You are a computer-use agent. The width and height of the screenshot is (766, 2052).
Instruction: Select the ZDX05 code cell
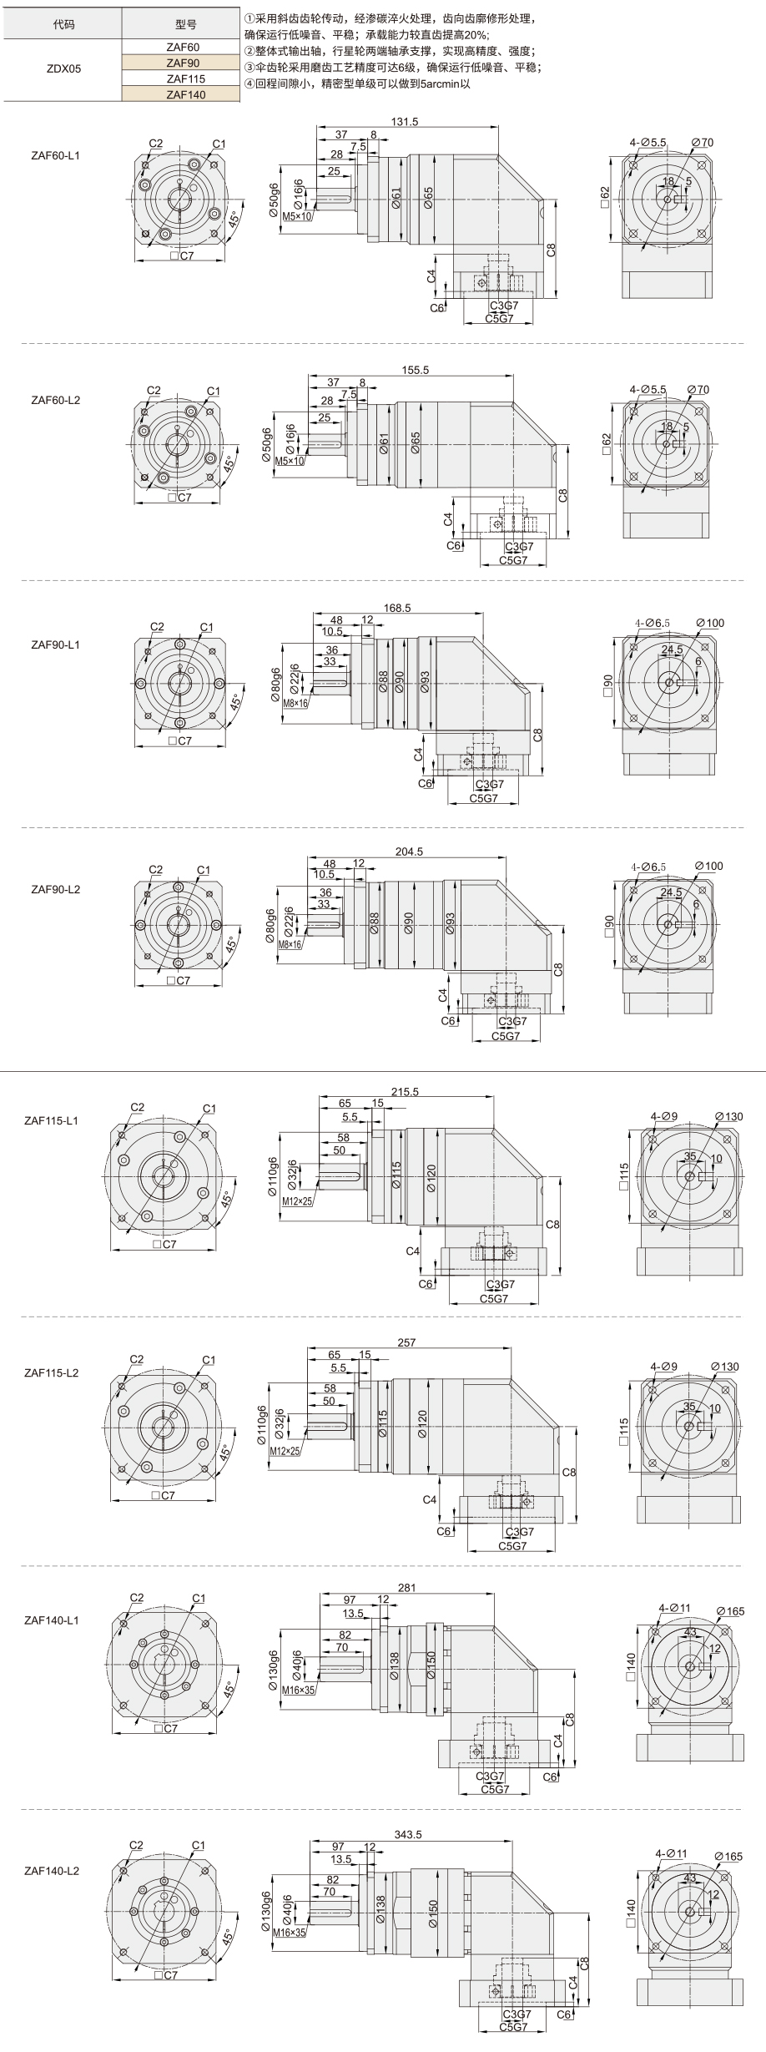coord(63,70)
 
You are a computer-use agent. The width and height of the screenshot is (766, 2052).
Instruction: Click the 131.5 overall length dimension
coord(405,122)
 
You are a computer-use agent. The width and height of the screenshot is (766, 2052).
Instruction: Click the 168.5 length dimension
coord(397,608)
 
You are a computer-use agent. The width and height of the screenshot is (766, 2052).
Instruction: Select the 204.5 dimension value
coord(409,852)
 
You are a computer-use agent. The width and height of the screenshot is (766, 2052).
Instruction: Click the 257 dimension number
coord(406,1343)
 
